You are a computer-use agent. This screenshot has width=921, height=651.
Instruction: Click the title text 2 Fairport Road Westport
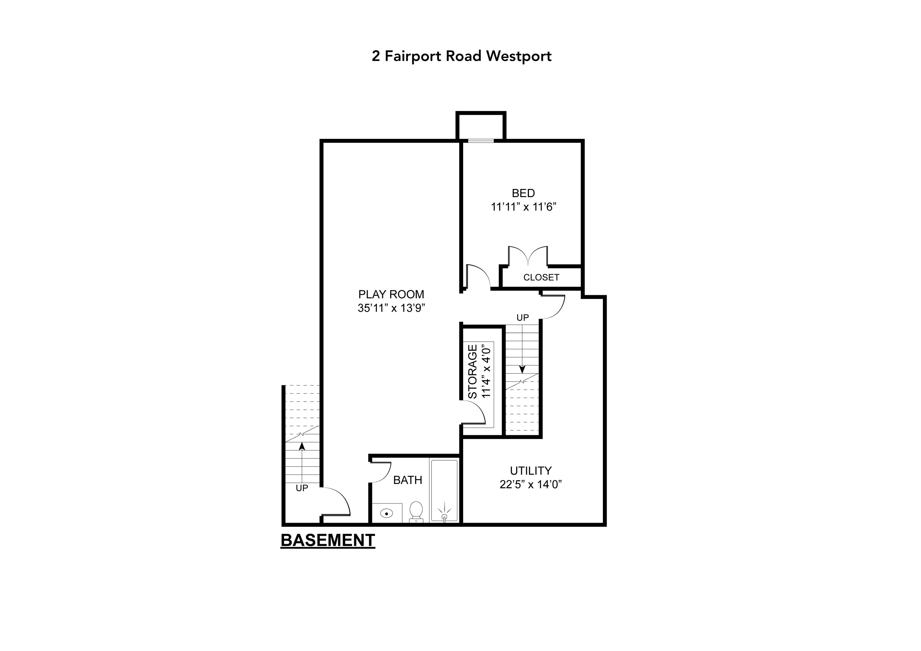(461, 56)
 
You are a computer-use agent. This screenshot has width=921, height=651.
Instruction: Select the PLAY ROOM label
(391, 294)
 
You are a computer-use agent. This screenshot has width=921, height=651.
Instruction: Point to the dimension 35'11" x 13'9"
(391, 308)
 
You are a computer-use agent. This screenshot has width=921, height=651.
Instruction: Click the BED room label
(523, 193)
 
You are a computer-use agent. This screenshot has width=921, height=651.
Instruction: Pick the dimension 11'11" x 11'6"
(523, 207)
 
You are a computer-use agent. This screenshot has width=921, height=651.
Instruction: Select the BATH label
(408, 480)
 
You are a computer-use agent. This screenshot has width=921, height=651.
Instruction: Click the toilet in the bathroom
(416, 511)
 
